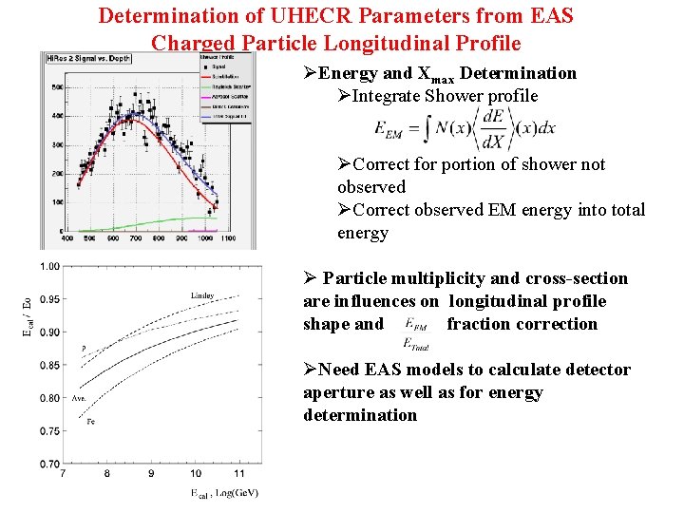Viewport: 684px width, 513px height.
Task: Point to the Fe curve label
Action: point(91,421)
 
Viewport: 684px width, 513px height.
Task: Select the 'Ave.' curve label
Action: point(81,398)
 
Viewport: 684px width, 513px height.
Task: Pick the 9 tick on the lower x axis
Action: point(150,473)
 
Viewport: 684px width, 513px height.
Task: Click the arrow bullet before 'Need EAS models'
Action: point(311,370)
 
